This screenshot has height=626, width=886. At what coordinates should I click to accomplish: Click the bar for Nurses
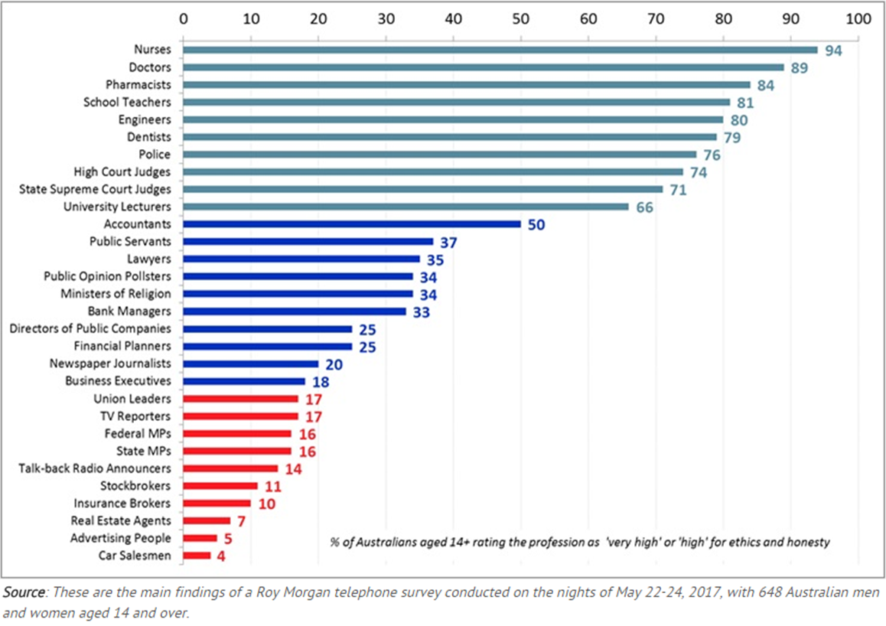(x=500, y=50)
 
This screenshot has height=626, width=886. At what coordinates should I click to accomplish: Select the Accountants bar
(x=351, y=224)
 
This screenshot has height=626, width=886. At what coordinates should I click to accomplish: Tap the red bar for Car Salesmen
(x=196, y=556)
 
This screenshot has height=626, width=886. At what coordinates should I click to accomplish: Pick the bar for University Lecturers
(x=405, y=207)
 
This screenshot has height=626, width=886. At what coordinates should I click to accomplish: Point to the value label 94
(x=833, y=51)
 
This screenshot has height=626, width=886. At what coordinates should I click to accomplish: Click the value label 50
(x=536, y=225)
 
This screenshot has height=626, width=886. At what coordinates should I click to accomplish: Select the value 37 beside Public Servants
(x=448, y=243)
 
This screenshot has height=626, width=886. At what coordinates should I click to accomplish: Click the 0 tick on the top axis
(x=182, y=17)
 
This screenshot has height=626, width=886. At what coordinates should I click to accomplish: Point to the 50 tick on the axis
(x=520, y=17)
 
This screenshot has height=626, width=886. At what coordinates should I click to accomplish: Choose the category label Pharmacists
(x=141, y=84)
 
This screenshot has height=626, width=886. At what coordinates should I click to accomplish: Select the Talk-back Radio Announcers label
(x=95, y=468)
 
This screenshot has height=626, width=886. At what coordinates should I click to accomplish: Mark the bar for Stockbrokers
(x=220, y=486)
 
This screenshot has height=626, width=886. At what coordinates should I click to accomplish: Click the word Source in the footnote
(x=24, y=592)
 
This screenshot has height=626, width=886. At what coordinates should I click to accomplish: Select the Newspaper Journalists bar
(x=250, y=364)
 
